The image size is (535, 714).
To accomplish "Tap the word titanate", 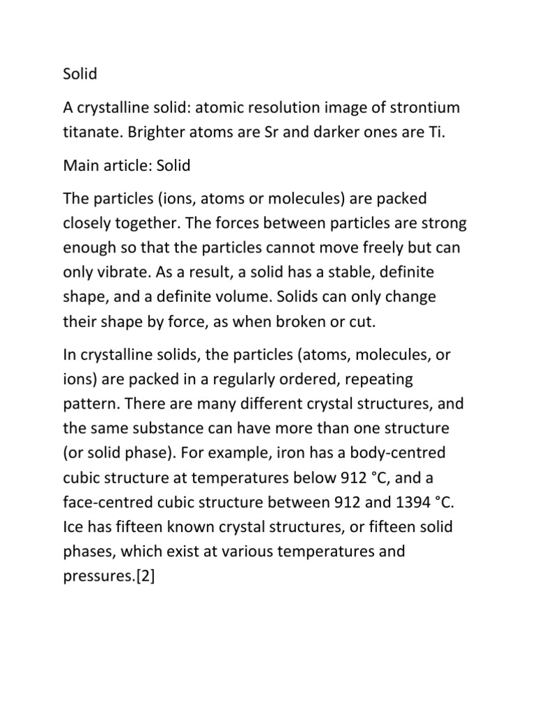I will [84, 132].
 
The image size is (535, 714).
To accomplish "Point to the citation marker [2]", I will [140, 577].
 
